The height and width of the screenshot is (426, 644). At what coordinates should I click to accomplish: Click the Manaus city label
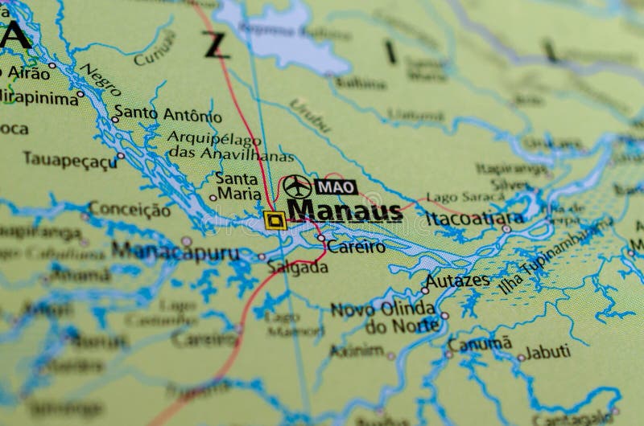coord(345,211)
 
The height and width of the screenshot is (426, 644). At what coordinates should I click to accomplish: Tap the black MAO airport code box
coord(336,186)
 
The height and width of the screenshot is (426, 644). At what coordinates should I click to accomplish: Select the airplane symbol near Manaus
coord(297,186)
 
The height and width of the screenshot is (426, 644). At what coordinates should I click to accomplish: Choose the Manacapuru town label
coord(175,251)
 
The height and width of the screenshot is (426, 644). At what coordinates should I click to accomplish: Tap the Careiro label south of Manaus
coord(356,248)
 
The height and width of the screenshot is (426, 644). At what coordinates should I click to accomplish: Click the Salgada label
coord(298,268)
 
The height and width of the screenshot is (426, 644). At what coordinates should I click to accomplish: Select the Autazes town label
coord(457,281)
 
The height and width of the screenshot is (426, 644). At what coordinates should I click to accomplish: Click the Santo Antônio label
coord(167,113)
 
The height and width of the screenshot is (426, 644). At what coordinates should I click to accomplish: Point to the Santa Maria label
coord(237,186)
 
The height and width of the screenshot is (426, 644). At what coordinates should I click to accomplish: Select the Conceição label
coord(130,210)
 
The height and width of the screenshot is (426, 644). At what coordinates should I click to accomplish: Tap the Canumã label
coord(480,344)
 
